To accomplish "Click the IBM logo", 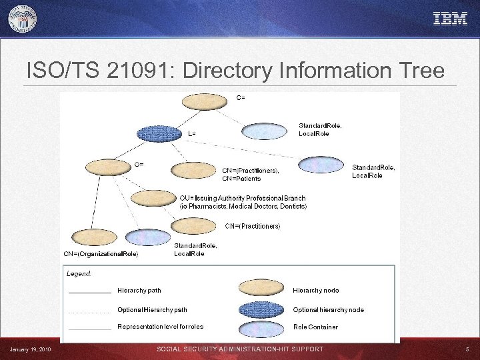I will pyautogui.click(x=450, y=19).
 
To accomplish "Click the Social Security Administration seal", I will pyautogui.click(x=23, y=19).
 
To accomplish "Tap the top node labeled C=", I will pyautogui.click(x=204, y=101).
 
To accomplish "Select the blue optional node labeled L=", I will pyautogui.click(x=159, y=133).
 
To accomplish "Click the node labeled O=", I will pyautogui.click(x=107, y=167).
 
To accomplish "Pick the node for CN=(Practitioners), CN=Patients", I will pyautogui.click(x=193, y=171).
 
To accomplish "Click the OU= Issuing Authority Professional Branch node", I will pyautogui.click(x=153, y=198).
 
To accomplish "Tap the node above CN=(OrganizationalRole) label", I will pyautogui.click(x=93, y=237).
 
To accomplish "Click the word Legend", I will pyautogui.click(x=79, y=273).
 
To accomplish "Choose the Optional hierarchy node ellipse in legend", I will pyautogui.click(x=261, y=309).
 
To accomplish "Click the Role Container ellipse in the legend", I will pyautogui.click(x=261, y=327).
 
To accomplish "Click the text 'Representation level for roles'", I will pyautogui.click(x=160, y=327).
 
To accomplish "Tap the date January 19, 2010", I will pyautogui.click(x=31, y=349).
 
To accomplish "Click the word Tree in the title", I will pyautogui.click(x=422, y=70).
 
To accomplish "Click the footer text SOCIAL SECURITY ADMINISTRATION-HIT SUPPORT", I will pyautogui.click(x=240, y=349).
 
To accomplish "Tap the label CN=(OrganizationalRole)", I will pyautogui.click(x=101, y=254).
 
